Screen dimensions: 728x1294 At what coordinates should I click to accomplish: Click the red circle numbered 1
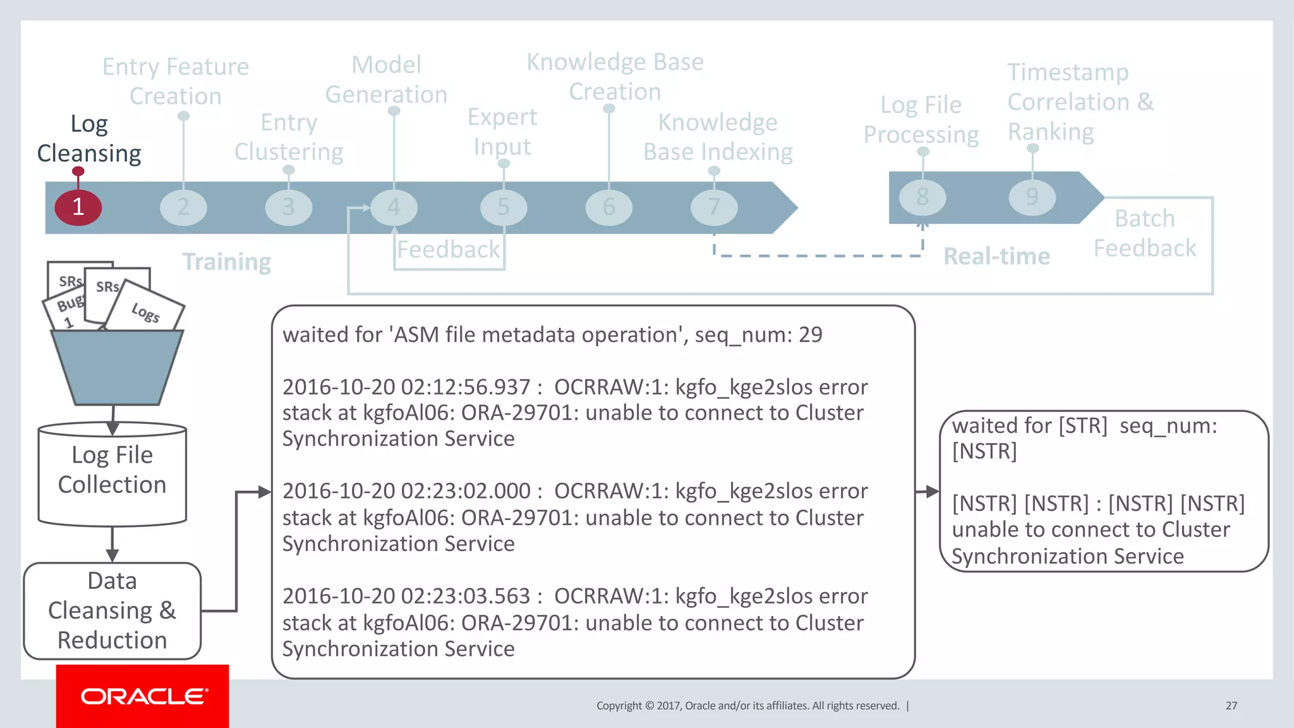(x=78, y=207)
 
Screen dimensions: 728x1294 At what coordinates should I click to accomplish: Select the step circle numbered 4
(x=394, y=207)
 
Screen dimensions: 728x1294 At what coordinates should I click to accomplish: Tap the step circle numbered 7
(x=714, y=207)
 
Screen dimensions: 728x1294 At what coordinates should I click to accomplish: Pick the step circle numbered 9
(x=1032, y=197)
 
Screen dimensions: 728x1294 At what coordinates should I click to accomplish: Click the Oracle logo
(x=143, y=696)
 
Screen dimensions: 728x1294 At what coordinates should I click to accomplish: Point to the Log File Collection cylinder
(x=112, y=474)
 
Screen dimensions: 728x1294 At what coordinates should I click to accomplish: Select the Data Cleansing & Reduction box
(x=112, y=610)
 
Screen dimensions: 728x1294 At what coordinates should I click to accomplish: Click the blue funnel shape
(x=117, y=367)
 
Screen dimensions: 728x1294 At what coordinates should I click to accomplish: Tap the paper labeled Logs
(x=146, y=310)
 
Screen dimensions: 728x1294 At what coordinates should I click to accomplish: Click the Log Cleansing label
(x=89, y=139)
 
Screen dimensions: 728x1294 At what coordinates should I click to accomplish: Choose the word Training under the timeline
(x=227, y=262)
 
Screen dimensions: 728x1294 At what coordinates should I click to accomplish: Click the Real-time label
(x=996, y=256)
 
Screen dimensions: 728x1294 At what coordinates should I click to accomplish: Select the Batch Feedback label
(x=1144, y=233)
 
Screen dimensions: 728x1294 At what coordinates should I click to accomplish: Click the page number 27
(x=1231, y=705)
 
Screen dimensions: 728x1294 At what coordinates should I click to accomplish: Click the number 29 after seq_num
(x=810, y=334)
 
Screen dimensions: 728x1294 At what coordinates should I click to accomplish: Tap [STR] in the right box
(x=1083, y=425)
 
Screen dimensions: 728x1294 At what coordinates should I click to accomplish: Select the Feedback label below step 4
(x=448, y=250)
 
